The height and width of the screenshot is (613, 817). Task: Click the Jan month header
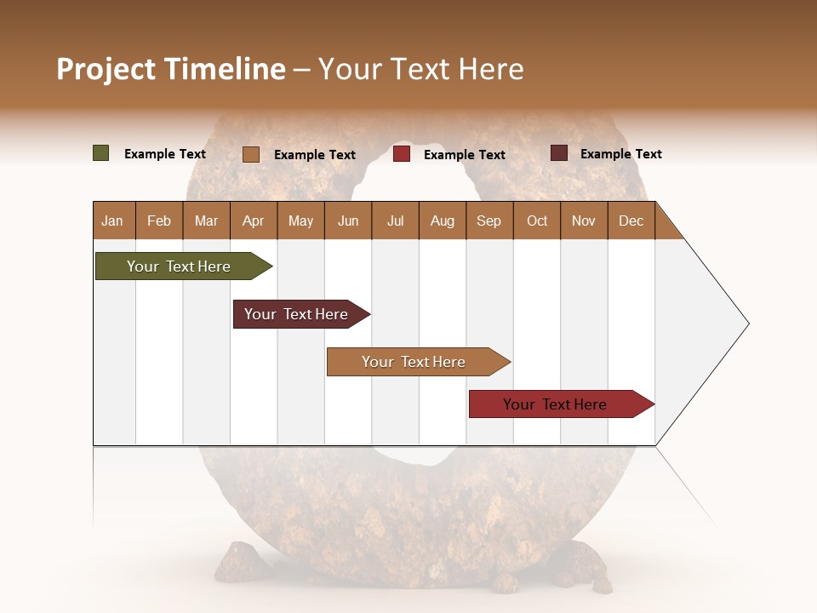coord(113,221)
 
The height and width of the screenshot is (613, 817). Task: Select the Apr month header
coord(254,221)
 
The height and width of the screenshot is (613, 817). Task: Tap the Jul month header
coord(395,221)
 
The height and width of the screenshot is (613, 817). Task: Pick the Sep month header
coord(488,221)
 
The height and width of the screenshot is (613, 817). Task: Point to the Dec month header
coord(631,221)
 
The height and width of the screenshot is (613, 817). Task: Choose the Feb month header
coord(159,221)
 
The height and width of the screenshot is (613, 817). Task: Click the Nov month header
coord(584,221)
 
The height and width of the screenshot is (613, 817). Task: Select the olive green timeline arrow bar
coord(179,266)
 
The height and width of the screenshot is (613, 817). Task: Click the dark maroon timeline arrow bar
coord(296,314)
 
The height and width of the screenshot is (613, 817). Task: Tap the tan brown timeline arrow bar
coord(414,362)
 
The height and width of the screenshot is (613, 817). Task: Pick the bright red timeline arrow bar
coord(555,404)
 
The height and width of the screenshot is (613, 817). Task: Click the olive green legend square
coord(100,153)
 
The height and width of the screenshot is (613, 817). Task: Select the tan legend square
coord(250,154)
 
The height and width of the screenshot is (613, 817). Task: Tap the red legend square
coord(402,154)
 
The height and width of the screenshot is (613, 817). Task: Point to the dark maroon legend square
coord(558,153)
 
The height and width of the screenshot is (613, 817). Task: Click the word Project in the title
coord(106,69)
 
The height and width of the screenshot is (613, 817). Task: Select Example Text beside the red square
coord(465,154)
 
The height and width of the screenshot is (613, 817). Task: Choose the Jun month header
coord(348,221)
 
